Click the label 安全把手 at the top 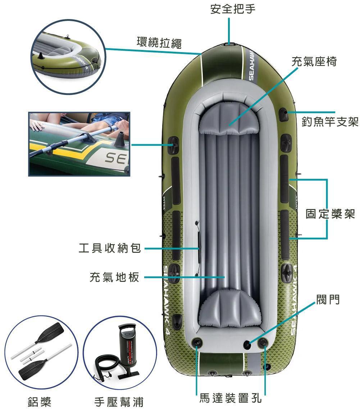point(233,9)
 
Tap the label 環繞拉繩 point(159,42)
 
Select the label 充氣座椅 point(314,61)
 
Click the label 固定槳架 point(330,214)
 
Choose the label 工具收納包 point(110,248)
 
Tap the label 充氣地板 point(114,277)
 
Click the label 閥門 point(328,300)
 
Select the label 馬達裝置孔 point(230,398)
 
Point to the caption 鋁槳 point(40,402)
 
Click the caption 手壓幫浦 point(119,402)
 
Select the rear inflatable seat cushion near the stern point(229,309)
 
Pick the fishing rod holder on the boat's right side point(283,114)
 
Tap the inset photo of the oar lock point(79,144)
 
